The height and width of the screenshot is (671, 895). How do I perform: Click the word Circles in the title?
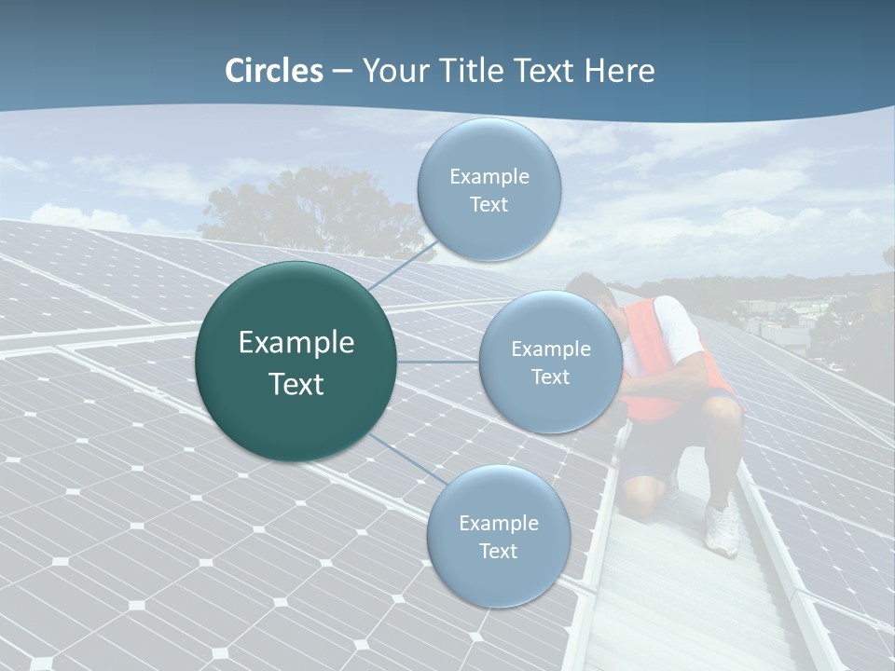(273, 71)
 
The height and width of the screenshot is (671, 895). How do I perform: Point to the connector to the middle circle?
(437, 362)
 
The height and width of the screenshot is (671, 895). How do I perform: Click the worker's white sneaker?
(722, 530)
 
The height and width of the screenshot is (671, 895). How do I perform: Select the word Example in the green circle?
(296, 343)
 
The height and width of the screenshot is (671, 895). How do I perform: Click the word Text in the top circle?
(489, 205)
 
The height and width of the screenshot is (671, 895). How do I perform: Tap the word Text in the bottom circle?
(498, 552)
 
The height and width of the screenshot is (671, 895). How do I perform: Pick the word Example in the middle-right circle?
(551, 349)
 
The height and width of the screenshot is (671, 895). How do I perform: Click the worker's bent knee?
(643, 494)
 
